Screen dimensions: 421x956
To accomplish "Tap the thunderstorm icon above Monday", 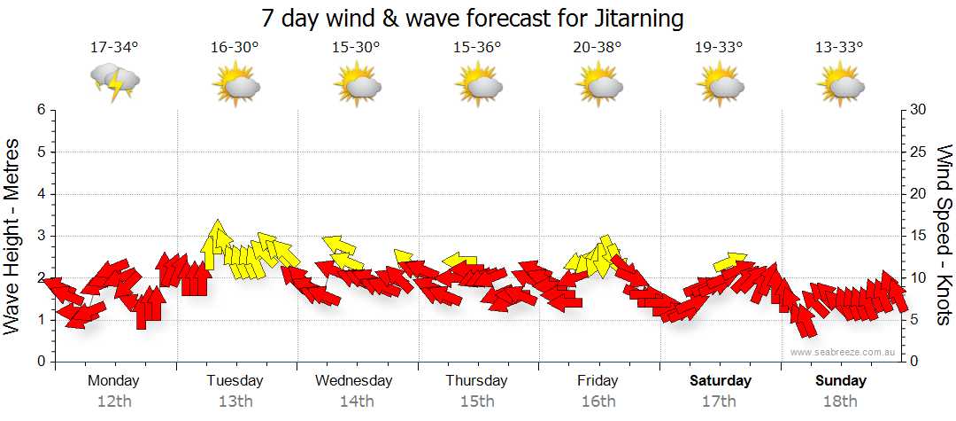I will pos(115,82).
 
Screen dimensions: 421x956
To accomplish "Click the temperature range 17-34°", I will pos(114,48).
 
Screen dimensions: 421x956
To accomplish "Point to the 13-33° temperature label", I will pos(839,48).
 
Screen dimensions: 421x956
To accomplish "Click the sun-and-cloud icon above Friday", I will pos(599,84).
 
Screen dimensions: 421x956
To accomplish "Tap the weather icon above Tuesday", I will pos(235,84).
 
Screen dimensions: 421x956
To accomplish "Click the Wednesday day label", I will pos(354,380).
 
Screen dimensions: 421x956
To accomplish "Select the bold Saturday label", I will pos(721,380).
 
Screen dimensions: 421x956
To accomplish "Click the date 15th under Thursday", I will pos(477,401).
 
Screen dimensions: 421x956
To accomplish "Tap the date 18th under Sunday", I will pos(840,401).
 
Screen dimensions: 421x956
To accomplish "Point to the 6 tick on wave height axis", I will pos(40,110).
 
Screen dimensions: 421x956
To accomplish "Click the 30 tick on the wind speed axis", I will pos(919,110).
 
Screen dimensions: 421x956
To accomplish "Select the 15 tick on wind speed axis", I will pos(919,236).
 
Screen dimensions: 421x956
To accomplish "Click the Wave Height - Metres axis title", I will pos(13,236).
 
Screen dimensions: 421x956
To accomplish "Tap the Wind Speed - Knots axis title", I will pos(944,236).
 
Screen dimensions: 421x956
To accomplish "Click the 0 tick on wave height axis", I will pos(40,362).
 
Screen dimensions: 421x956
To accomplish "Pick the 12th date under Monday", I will pos(114,401).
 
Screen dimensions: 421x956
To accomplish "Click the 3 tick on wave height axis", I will pos(40,236).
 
